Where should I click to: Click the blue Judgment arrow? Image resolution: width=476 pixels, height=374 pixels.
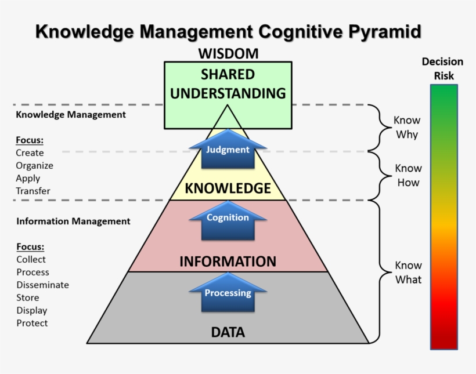coord(228,150)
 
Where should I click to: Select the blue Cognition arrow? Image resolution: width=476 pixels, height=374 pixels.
coord(228,219)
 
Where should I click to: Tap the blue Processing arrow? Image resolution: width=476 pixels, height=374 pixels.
coord(228,293)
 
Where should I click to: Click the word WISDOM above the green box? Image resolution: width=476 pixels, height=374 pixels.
coord(228,54)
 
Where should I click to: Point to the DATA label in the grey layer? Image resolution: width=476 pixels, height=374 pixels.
coord(228,333)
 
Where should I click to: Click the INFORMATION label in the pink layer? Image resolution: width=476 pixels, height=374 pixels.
coord(228,262)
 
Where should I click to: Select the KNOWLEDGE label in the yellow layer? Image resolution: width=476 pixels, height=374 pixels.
coord(228,188)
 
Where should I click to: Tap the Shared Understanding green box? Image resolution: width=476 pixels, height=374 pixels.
coord(228,84)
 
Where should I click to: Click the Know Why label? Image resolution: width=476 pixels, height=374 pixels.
coord(407,128)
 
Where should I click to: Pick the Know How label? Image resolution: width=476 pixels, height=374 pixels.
coord(408,175)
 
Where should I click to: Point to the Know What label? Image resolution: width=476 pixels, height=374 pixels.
coord(408,273)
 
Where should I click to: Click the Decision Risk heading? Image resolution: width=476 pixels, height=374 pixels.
coord(442,68)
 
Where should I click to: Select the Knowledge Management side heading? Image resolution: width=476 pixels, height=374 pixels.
coord(71,115)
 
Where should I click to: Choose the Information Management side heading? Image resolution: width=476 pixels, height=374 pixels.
coord(73,222)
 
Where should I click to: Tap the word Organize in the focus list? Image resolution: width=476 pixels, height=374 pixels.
coord(34,166)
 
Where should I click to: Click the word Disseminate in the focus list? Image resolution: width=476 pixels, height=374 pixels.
coord(42,285)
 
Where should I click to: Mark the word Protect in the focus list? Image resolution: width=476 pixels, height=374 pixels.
coord(32,324)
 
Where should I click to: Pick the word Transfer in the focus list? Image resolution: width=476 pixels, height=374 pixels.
coord(33,191)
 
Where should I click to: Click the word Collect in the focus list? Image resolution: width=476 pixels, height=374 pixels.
coord(31,260)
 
